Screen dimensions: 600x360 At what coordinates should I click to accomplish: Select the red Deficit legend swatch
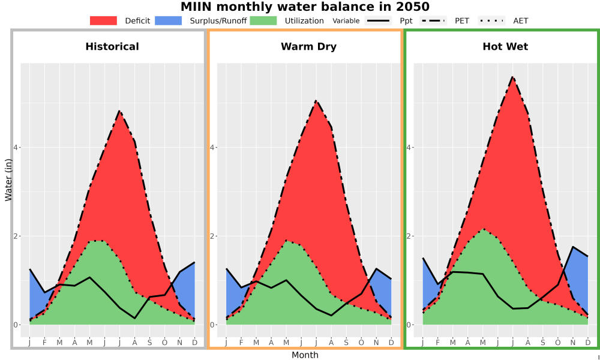103,20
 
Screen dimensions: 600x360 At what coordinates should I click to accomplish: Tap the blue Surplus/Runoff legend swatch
169,20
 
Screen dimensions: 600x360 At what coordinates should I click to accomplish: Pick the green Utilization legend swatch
263,20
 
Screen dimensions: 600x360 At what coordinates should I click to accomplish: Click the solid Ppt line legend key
378,20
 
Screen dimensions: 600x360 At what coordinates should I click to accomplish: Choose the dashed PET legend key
433,20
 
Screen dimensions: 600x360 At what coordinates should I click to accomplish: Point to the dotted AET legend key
492,20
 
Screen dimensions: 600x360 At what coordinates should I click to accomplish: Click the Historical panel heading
112,47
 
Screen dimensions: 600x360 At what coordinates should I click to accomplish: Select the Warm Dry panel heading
309,47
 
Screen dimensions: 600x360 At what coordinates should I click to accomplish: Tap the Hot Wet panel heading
505,47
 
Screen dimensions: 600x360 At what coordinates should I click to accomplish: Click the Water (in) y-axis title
8,180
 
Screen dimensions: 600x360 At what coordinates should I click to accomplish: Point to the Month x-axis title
305,355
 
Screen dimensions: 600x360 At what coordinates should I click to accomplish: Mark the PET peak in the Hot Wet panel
513,77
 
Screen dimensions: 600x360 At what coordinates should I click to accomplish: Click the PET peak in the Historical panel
120,111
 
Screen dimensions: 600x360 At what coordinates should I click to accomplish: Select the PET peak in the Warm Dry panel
316,101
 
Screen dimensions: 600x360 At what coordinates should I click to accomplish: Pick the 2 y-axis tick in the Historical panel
16,236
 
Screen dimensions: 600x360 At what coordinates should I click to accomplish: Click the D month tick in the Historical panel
195,343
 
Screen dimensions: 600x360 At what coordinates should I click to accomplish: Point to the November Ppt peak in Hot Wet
573,247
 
